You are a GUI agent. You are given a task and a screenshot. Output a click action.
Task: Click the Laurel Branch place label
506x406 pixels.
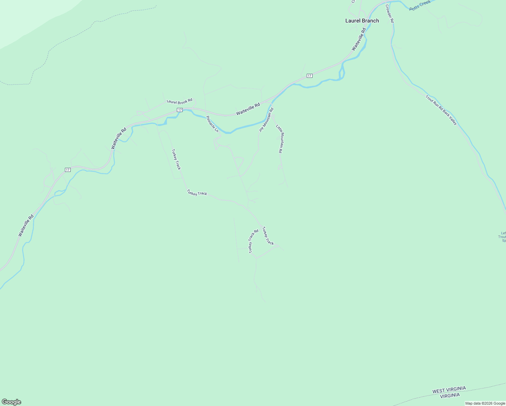coord(362,21)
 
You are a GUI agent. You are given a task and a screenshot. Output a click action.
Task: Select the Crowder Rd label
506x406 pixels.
coord(390,14)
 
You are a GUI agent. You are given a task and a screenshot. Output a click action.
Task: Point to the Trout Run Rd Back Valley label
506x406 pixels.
coord(441,110)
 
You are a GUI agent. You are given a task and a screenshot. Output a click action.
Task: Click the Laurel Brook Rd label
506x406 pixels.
coord(180,101)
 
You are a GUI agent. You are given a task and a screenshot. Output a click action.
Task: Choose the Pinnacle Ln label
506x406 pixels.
coord(212,124)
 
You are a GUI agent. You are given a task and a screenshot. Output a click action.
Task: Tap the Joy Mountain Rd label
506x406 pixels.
coord(266,120)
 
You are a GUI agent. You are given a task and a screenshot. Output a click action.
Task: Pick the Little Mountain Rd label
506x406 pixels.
coord(280,139)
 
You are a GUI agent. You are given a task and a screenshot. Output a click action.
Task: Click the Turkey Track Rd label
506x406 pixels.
coord(254,241)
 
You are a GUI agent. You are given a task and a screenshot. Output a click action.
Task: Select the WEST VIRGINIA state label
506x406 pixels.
coord(449,390)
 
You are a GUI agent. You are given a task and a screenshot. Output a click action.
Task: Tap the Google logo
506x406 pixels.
coord(11,402)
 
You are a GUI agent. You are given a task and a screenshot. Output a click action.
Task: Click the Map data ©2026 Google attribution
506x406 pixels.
coord(485,403)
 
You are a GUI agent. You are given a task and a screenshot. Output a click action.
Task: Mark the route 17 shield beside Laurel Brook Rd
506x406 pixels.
coord(180,110)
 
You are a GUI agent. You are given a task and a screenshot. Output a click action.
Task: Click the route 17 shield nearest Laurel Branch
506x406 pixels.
coord(309,75)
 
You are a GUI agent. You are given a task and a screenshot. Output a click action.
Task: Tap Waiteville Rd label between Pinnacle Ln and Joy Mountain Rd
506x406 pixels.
coord(248,109)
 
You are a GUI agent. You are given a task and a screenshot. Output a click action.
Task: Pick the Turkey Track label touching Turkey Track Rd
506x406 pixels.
coord(268,236)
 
